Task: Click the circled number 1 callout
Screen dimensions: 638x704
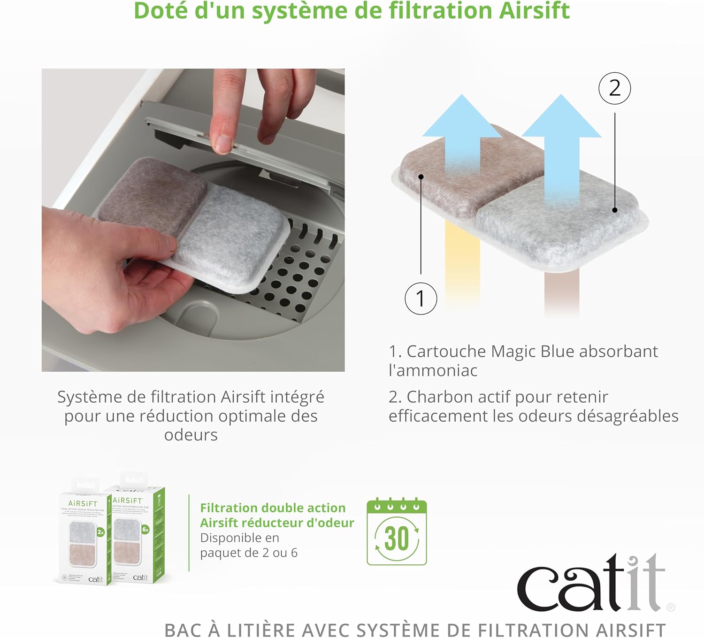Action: click(x=421, y=299)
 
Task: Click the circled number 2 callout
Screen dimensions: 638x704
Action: click(x=614, y=88)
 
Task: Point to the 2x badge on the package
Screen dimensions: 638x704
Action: click(x=100, y=532)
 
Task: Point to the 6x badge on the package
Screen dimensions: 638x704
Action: click(x=145, y=529)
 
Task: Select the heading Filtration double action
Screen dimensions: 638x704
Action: click(x=273, y=508)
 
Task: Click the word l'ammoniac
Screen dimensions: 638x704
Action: click(x=433, y=370)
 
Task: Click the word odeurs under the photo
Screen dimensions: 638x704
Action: click(x=191, y=435)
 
